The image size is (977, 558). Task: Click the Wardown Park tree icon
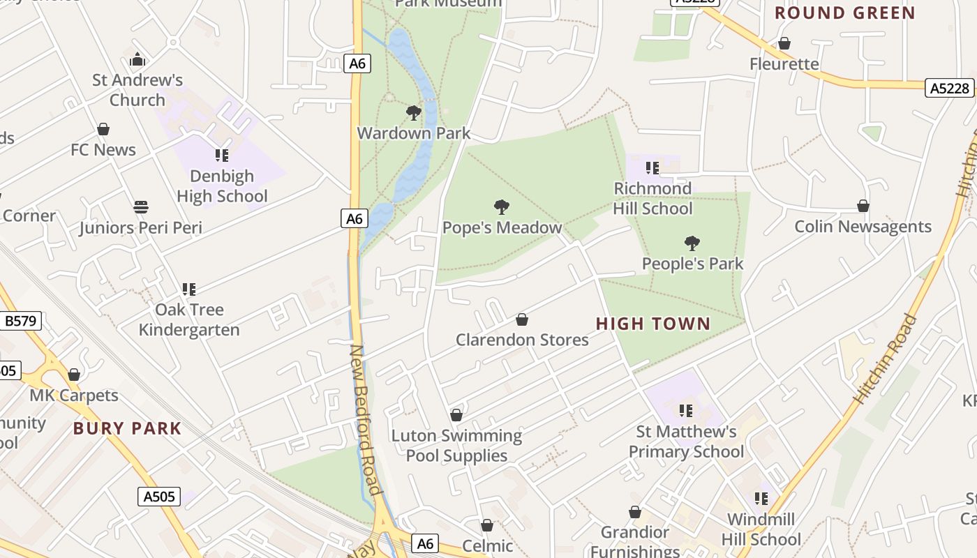(414, 112)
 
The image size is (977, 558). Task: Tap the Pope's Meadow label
(502, 227)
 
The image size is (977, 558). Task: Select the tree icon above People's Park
(692, 243)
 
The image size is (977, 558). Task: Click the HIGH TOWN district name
(653, 324)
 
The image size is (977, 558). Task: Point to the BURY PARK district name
(127, 428)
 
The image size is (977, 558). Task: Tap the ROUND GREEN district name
(844, 13)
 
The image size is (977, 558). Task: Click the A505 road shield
(158, 497)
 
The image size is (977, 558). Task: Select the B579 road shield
(21, 321)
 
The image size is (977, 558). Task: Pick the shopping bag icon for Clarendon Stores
(521, 319)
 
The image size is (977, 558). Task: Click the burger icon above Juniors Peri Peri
(141, 207)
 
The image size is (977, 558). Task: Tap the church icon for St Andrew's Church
(137, 59)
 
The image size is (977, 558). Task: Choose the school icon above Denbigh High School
(222, 155)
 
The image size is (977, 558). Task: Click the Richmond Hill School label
(652, 198)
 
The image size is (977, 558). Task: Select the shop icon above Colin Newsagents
(863, 206)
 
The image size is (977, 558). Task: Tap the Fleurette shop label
(784, 64)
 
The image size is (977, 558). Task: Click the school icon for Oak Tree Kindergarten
(188, 289)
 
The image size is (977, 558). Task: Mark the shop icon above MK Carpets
(74, 375)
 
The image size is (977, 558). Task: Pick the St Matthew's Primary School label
(686, 442)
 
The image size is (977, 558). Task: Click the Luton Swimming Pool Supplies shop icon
(456, 415)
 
